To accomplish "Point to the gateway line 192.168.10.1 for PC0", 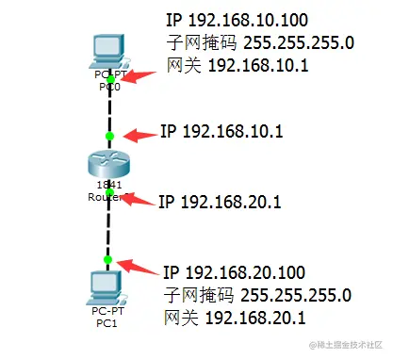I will point(237,65).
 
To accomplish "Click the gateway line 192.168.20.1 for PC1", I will point(236,318).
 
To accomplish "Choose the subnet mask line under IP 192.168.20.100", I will point(257,295).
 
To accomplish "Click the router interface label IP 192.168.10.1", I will point(221,132).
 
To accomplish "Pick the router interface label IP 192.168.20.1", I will point(220,200).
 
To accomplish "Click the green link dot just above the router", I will point(110,137).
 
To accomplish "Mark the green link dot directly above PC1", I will point(110,259).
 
